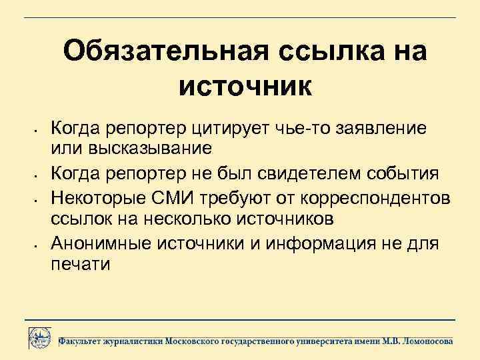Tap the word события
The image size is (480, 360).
tap(405, 174)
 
